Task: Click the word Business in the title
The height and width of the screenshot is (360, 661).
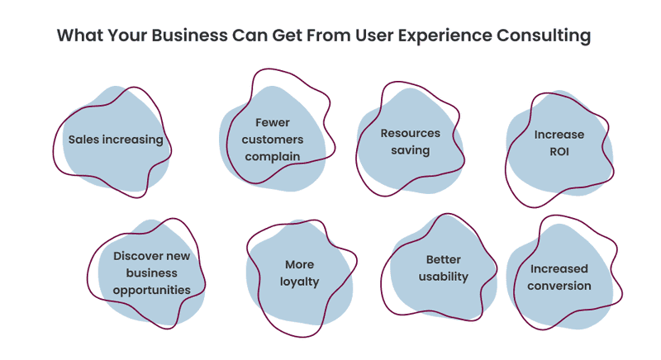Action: point(190,36)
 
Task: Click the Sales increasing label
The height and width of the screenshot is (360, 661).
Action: point(116,140)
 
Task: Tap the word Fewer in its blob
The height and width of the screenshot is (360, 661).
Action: point(273,122)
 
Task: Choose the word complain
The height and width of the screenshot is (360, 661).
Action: point(273,157)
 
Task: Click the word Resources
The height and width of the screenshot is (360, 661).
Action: point(410,133)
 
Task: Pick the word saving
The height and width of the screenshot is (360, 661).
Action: point(410,150)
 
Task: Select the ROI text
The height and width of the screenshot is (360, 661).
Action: point(559,152)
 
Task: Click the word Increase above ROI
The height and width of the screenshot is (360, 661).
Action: point(559,135)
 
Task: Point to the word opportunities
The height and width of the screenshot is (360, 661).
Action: point(152,290)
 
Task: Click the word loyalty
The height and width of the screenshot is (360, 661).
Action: point(299,282)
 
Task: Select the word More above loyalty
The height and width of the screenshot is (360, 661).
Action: point(299,264)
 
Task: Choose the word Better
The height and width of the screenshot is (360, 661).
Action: point(444,259)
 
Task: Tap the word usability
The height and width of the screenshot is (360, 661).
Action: point(444,277)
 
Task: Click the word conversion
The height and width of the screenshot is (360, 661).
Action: point(559,286)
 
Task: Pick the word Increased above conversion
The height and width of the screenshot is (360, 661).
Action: point(559,268)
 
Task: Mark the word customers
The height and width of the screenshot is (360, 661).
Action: point(273,140)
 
